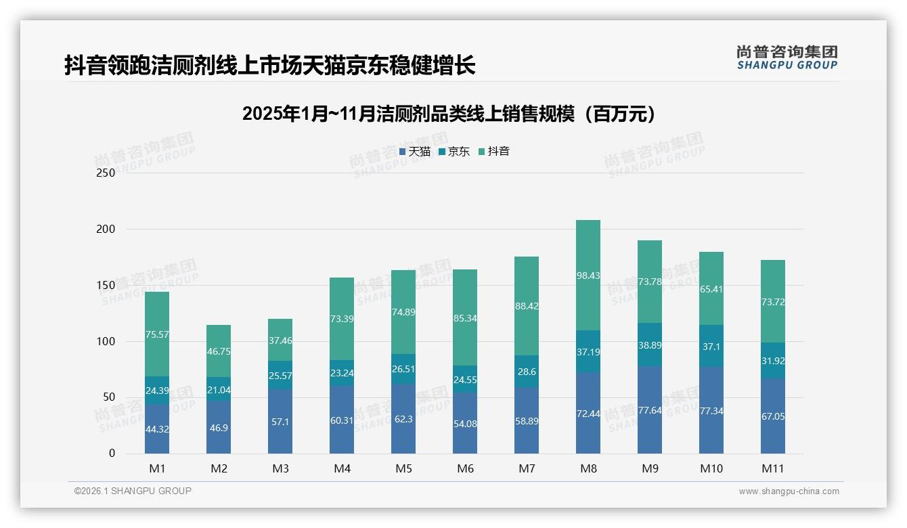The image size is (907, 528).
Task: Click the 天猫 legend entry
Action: tap(415, 152)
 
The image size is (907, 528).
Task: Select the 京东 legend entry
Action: tap(454, 152)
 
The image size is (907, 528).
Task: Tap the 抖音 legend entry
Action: tap(494, 152)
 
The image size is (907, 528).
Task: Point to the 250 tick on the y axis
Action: tap(106, 173)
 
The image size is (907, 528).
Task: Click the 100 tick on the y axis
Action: tap(106, 341)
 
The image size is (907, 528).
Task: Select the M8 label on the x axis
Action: tap(588, 468)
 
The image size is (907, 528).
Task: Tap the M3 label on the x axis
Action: tap(280, 468)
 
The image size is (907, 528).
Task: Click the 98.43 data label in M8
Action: tap(588, 276)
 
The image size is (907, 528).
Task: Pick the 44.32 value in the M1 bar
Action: tap(157, 429)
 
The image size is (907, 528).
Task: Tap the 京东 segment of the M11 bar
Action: tap(773, 360)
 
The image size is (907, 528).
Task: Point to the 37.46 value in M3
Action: tap(280, 340)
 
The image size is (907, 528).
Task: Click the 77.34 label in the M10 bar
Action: tap(711, 411)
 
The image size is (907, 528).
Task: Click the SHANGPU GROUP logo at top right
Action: tap(787, 57)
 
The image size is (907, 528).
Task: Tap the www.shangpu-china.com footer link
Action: tap(789, 491)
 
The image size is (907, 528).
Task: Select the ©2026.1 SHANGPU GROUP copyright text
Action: tap(133, 491)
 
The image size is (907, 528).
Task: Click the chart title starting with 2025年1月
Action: tap(449, 114)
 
